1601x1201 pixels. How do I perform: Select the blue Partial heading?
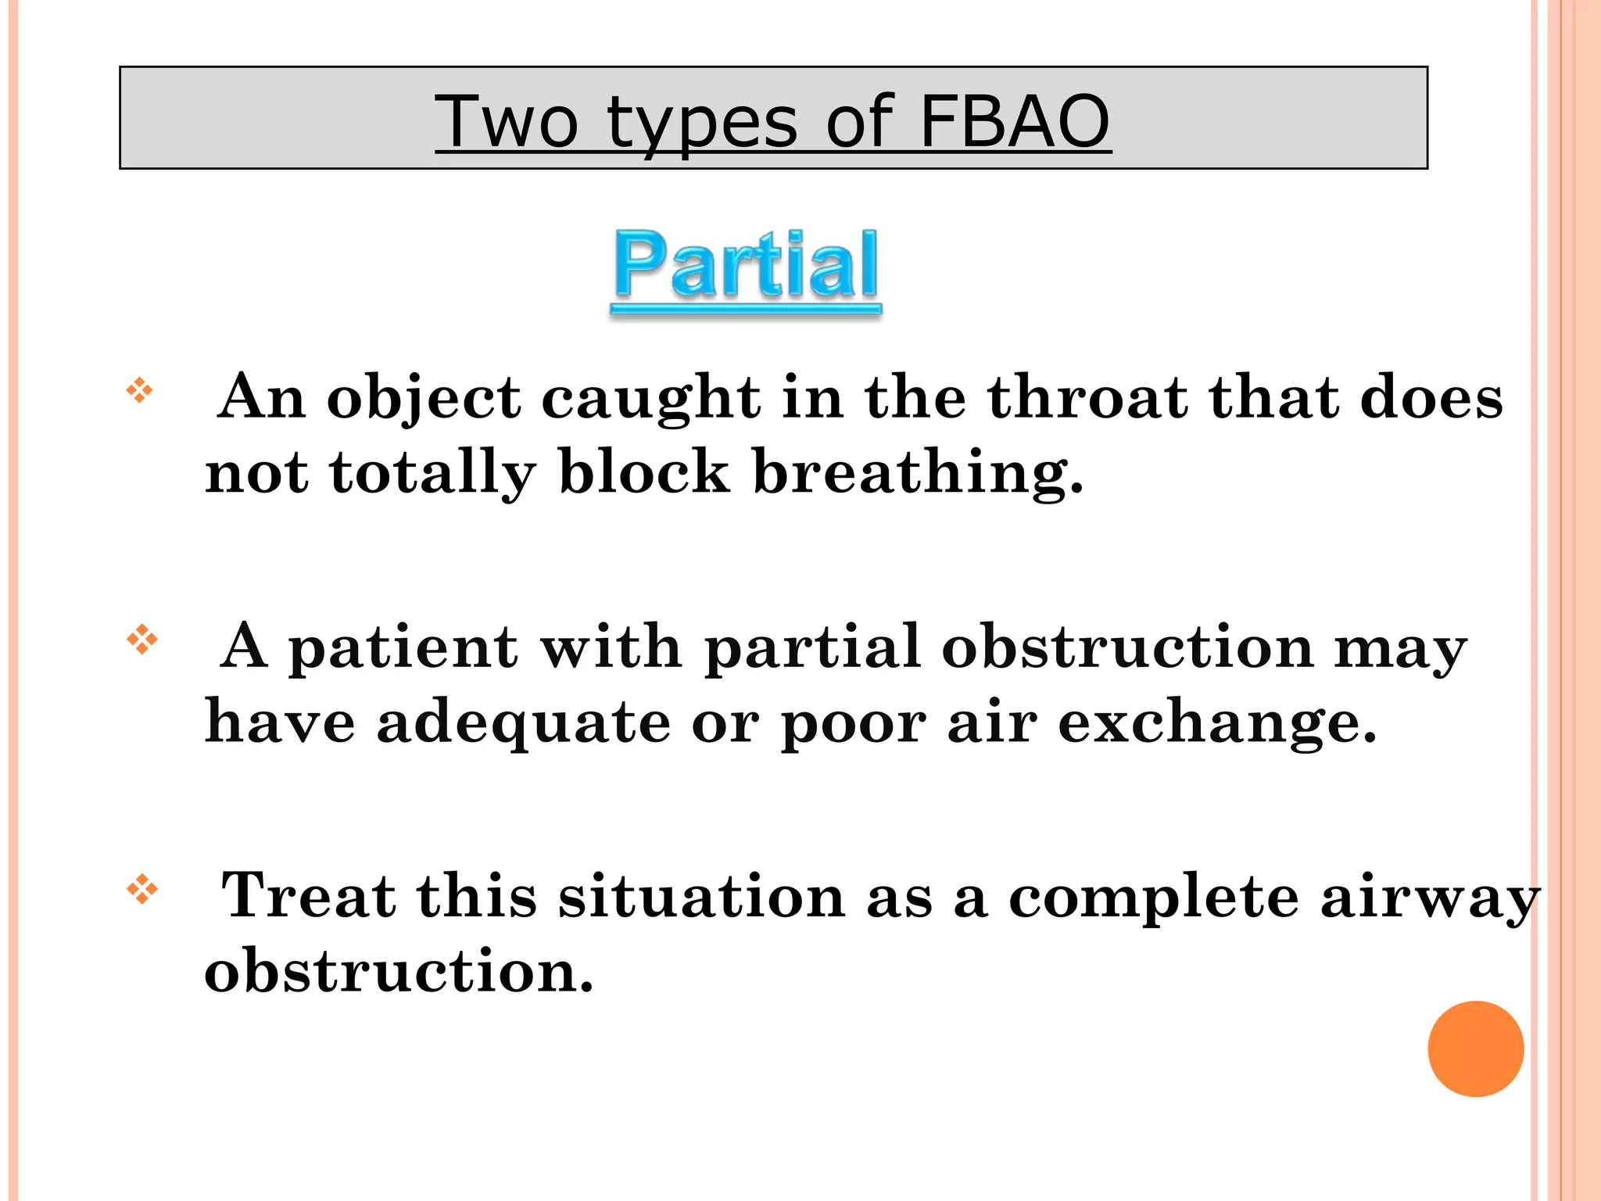click(747, 266)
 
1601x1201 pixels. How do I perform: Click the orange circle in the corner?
click(1475, 1049)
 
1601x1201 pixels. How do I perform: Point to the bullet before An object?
click(140, 390)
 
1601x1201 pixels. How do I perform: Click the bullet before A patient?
click(141, 640)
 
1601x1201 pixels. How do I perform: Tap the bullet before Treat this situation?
click(141, 889)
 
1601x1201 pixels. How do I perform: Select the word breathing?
click(918, 473)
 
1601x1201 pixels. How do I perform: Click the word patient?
click(403, 648)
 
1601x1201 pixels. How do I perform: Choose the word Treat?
click(308, 895)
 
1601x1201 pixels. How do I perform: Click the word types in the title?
click(703, 124)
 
